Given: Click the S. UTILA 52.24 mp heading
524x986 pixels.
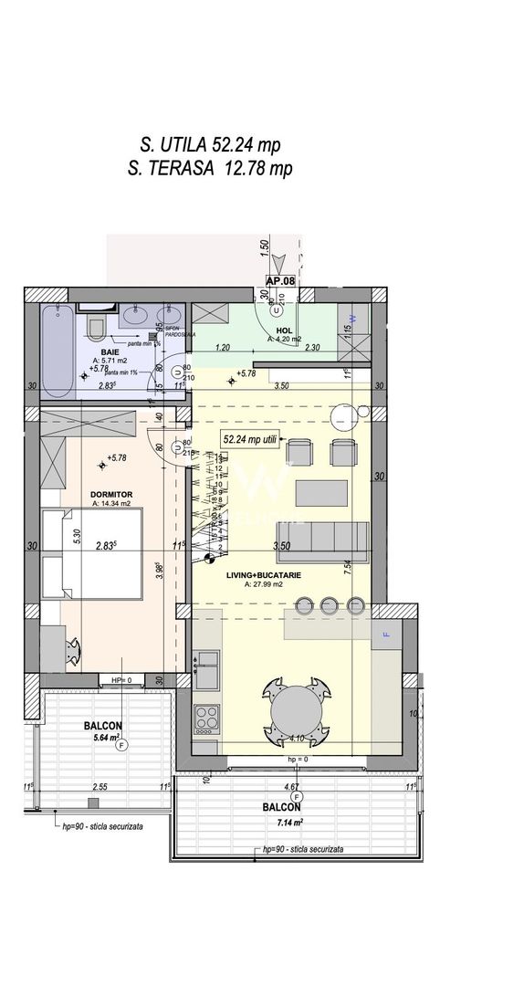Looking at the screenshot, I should click(x=210, y=144).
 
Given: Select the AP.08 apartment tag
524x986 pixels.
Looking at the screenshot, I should click(x=280, y=282).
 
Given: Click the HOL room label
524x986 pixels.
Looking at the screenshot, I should click(x=284, y=330).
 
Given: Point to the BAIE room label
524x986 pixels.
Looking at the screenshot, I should click(x=108, y=351).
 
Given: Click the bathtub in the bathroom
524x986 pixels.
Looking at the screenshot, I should click(x=57, y=351).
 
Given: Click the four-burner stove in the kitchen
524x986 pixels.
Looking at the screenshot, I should click(x=207, y=717).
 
